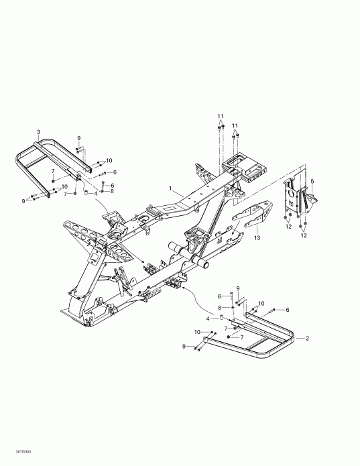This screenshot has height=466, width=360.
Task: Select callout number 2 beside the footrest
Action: pyautogui.click(x=306, y=339)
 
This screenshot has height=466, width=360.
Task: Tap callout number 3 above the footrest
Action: pyautogui.click(x=38, y=131)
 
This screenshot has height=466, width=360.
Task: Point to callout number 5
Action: pyautogui.click(x=311, y=181)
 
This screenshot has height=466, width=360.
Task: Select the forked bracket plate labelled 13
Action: pyautogui.click(x=253, y=213)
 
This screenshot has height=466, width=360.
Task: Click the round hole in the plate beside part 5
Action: pyautogui.click(x=292, y=195)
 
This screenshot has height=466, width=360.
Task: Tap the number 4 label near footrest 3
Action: pyautogui.click(x=96, y=193)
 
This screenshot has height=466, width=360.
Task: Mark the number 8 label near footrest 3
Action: pyautogui.click(x=112, y=192)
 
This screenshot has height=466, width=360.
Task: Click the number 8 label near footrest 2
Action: pyautogui.click(x=219, y=308)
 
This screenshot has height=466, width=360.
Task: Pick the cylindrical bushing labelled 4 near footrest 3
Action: pyautogui.click(x=86, y=192)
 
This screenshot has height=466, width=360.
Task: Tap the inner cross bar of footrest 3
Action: pyautogui.click(x=34, y=164)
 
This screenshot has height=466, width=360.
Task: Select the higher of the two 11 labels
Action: pyautogui.click(x=220, y=117)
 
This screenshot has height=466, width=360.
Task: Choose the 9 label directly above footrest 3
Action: pyautogui.click(x=78, y=137)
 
